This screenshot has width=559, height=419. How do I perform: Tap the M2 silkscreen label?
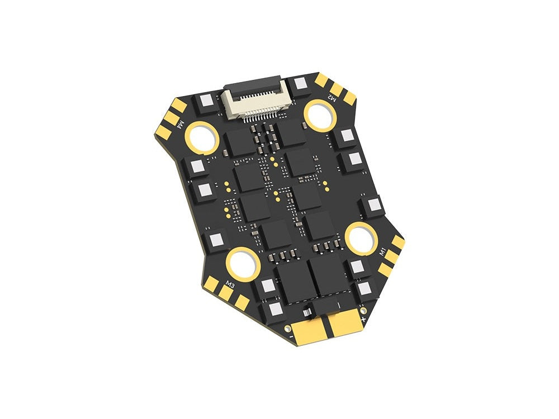(331, 96)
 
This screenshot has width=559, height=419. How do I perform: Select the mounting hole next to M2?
(320, 115)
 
